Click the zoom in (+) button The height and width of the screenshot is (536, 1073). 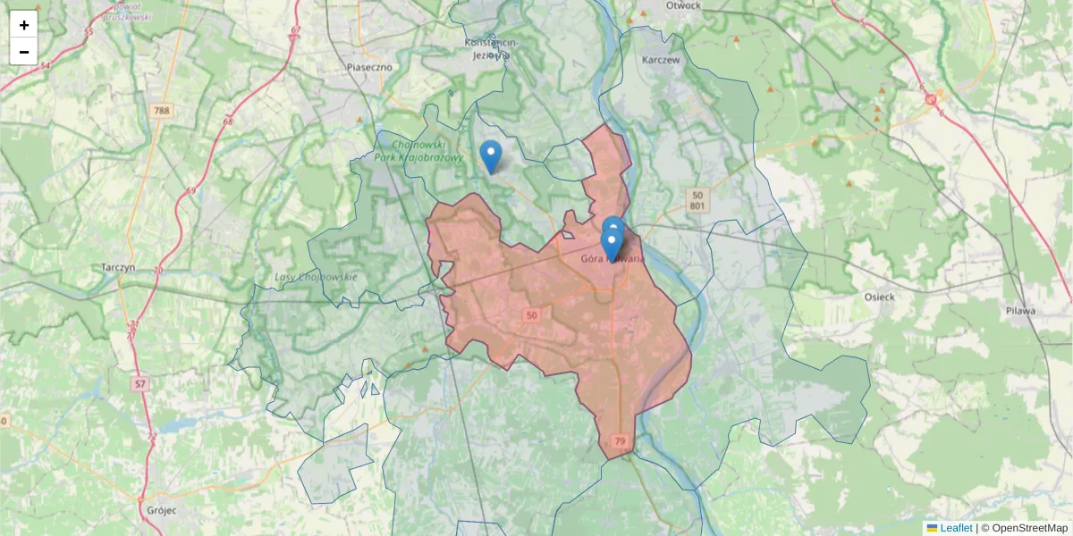click(x=24, y=25)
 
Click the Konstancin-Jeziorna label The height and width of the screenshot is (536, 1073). click(x=487, y=48)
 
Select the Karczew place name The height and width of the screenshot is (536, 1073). click(x=661, y=60)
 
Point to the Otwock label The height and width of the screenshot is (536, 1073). click(x=683, y=5)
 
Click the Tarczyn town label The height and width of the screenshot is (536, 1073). click(x=118, y=267)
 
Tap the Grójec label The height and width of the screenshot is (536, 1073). click(x=158, y=510)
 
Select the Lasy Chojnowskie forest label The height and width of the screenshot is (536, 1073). click(x=316, y=277)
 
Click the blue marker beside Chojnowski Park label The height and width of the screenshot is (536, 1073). click(x=490, y=155)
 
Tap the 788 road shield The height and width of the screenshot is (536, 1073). click(x=161, y=111)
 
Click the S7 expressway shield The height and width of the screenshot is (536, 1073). click(x=139, y=384)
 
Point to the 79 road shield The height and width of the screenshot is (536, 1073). click(x=620, y=441)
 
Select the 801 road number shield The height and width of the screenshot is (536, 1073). click(x=697, y=207)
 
